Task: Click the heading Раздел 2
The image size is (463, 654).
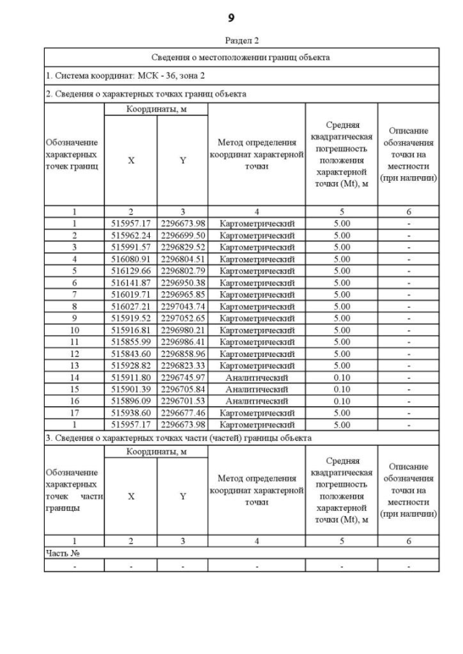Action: click(231, 40)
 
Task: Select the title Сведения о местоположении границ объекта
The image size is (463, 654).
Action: click(241, 57)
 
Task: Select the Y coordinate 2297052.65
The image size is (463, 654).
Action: click(182, 317)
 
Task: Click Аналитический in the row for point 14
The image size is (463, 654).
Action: click(257, 377)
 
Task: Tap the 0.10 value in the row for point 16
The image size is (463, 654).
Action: click(341, 400)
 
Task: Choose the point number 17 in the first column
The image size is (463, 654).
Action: click(74, 412)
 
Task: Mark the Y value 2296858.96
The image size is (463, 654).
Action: click(182, 354)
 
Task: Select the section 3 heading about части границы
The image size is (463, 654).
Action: click(179, 438)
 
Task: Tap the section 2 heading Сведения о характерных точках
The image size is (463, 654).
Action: click(145, 94)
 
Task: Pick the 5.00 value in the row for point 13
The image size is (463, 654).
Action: click(341, 366)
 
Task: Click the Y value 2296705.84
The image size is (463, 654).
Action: click(182, 389)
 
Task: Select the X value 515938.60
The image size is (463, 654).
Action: click(130, 412)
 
